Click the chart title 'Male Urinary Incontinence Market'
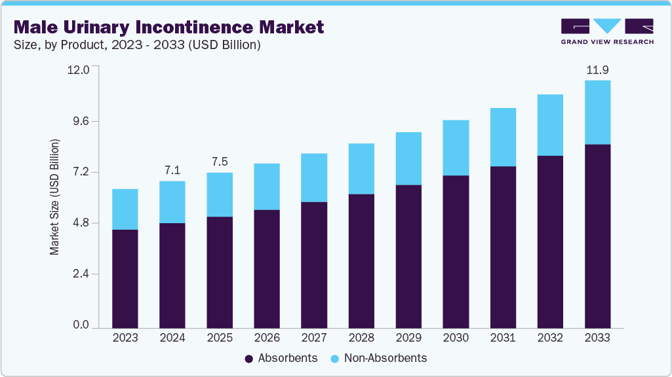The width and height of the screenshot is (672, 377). tap(168, 27)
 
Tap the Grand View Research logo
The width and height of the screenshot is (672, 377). tap(607, 31)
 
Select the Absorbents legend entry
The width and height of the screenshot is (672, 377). tap(281, 359)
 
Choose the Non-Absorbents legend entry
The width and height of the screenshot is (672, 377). tap(380, 359)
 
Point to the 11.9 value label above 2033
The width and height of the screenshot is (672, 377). tap(597, 69)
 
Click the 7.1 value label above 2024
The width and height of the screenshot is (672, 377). tap(172, 170)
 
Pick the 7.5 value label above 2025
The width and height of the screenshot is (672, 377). tap(220, 162)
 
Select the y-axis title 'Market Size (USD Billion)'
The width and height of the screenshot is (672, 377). tap(55, 197)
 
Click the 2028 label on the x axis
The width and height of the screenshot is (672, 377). tap(361, 338)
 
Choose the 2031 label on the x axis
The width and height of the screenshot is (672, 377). tap(503, 338)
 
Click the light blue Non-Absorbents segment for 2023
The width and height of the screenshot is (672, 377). tap(125, 209)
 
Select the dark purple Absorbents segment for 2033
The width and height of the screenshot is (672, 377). tap(597, 236)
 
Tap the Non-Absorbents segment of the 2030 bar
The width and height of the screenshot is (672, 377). tap(456, 148)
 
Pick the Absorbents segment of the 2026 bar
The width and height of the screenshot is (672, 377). tap(267, 268)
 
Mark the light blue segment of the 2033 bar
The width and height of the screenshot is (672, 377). tap(597, 112)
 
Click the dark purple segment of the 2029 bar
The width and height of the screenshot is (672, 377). tap(408, 256)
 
